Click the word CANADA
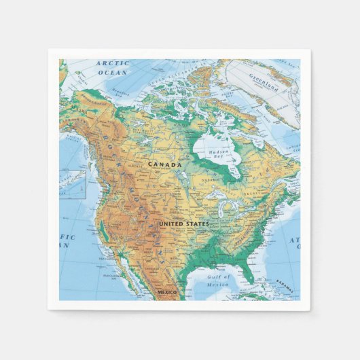tap(165, 164)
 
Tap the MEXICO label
tap(167, 292)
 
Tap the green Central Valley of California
tap(101, 224)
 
